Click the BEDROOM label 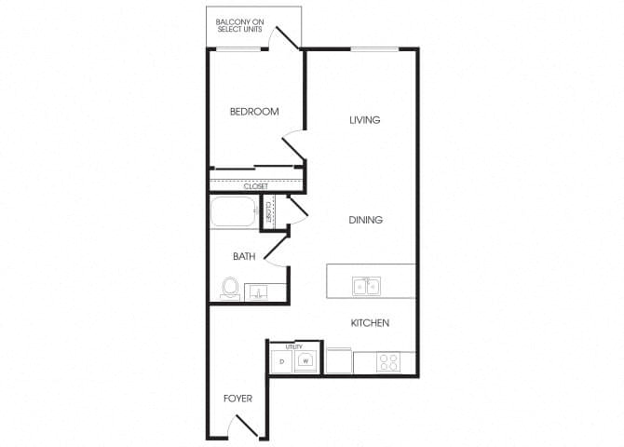click(x=254, y=112)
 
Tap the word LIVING click(x=365, y=120)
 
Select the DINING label click(x=366, y=220)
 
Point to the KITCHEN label click(x=369, y=323)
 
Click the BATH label click(x=244, y=256)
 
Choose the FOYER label click(x=237, y=399)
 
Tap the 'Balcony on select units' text click(x=241, y=24)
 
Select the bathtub click(x=234, y=213)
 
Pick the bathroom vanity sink click(x=257, y=292)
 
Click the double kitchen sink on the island click(x=365, y=286)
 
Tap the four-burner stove click(x=387, y=361)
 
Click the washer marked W click(x=305, y=360)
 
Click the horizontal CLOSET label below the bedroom click(x=256, y=186)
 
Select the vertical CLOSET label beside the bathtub click(x=268, y=213)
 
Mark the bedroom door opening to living click(x=294, y=143)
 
